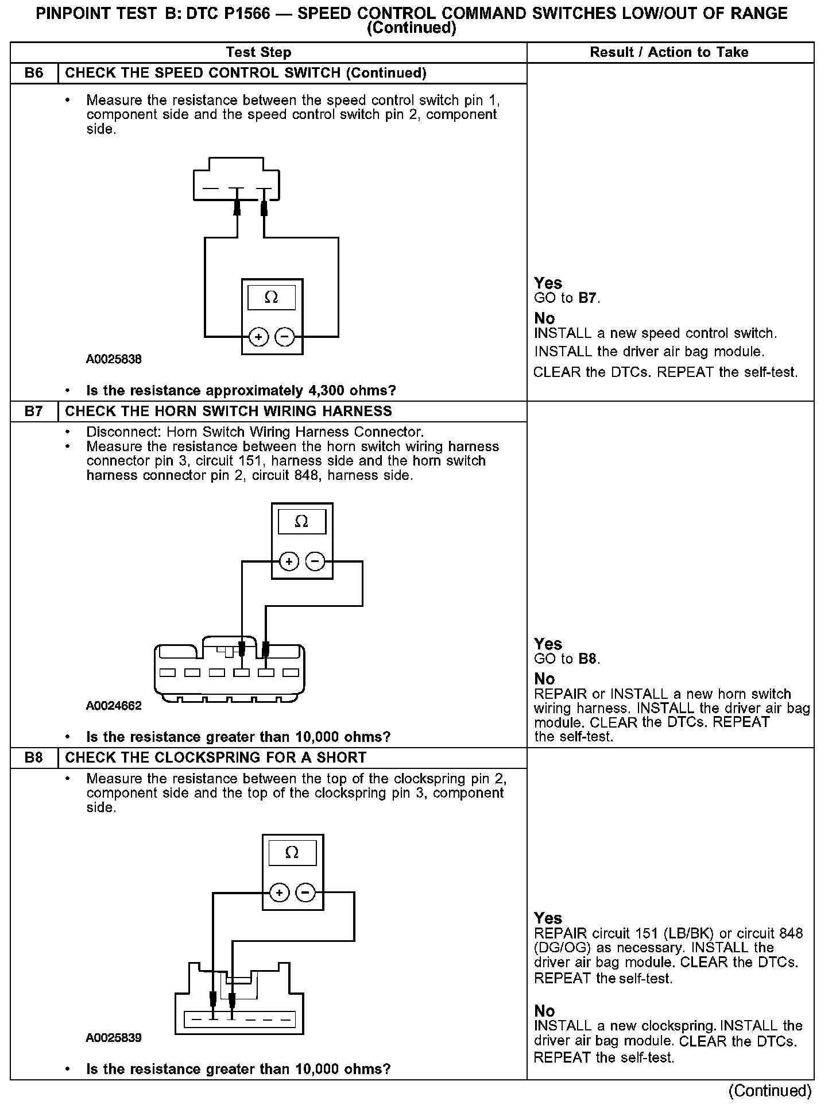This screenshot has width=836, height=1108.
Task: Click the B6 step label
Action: [x=34, y=74]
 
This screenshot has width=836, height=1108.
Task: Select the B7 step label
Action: [x=34, y=411]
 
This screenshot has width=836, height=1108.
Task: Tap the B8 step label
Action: [x=34, y=757]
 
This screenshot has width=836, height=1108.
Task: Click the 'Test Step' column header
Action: [x=258, y=52]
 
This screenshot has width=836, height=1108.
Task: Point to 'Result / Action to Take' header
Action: [x=669, y=52]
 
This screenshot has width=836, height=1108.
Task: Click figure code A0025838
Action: [x=114, y=360]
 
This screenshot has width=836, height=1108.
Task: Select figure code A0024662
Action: [x=114, y=706]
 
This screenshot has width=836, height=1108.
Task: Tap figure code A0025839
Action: [x=114, y=1038]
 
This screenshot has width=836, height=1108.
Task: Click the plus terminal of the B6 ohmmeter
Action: [x=258, y=337]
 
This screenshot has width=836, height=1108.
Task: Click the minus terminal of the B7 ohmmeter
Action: [x=315, y=561]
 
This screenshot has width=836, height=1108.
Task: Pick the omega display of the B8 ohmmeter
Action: [x=292, y=853]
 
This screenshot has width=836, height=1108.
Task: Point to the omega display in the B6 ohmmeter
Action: [x=271, y=298]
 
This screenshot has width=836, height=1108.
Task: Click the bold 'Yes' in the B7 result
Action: [x=548, y=644]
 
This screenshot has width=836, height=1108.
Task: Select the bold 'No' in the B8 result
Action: [x=544, y=1011]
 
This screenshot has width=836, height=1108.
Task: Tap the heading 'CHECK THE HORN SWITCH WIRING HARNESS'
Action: [x=229, y=411]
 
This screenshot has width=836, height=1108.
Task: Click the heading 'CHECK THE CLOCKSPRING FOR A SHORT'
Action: [x=215, y=757]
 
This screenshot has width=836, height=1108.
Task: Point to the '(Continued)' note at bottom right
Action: [x=769, y=1091]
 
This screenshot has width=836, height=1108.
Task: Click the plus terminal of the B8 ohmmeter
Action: [x=279, y=892]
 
